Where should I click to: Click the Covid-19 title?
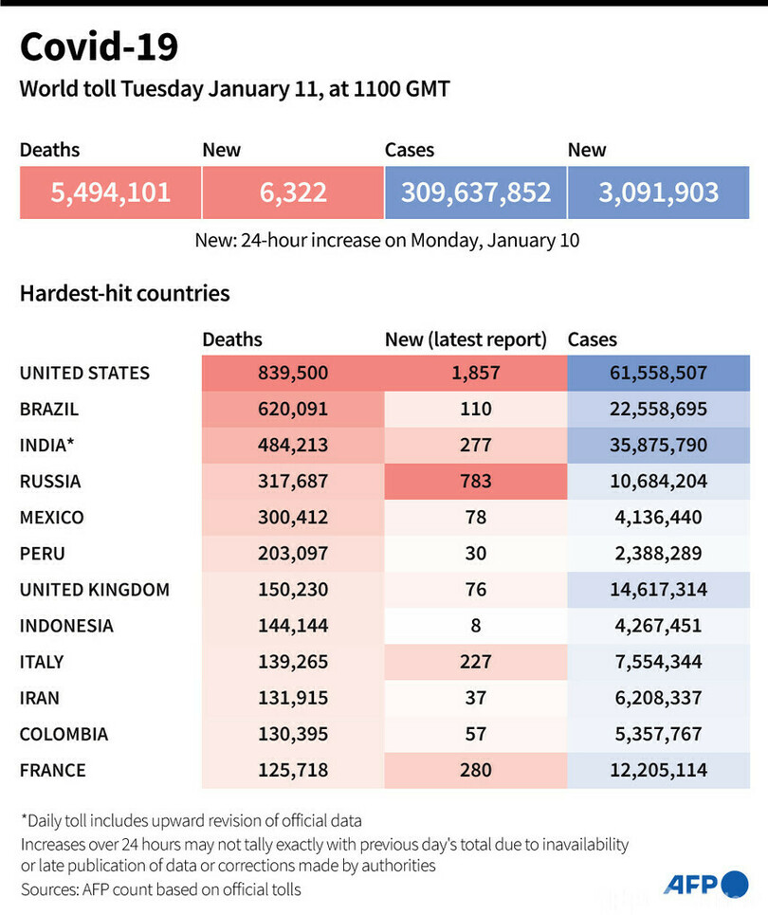99,46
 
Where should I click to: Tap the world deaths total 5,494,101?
110,192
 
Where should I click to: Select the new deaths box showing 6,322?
292,192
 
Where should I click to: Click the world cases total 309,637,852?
475,192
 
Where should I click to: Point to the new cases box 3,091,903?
658,192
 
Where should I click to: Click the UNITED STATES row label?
84,373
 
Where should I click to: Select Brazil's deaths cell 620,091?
292,410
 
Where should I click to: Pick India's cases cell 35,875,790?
658,446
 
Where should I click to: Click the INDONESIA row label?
66,626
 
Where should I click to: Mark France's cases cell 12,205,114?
658,770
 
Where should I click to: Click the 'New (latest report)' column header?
466,339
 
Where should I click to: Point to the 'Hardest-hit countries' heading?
124,293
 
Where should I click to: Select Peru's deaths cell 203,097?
292,554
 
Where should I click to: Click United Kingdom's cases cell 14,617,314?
658,590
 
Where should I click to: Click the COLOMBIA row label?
64,734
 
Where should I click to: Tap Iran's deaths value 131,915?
292,698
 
